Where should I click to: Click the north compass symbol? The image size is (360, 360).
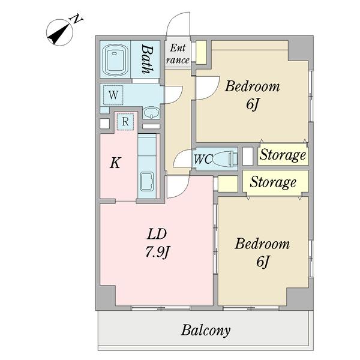pos(59,32)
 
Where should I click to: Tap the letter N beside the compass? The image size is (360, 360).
pos(77,20)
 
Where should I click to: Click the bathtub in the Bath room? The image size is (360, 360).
pos(115,59)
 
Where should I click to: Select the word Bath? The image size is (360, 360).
pos(147,59)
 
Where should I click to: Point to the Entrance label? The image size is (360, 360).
pos(178,54)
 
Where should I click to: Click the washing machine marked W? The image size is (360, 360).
pos(113,95)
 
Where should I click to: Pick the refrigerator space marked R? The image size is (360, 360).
pos(125,122)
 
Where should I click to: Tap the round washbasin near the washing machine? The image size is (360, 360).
pos(151,113)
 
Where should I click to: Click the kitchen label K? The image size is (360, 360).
pos(115,163)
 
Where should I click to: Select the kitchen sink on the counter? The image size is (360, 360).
pos(147,182)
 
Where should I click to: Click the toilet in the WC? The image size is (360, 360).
pos(225,159)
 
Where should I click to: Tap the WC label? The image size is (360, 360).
pos(203,159)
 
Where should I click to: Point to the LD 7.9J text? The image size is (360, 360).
pos(157,244)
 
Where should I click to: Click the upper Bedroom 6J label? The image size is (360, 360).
pos(253,95)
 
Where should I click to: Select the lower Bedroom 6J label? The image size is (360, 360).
pos(262,252)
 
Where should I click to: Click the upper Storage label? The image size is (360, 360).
pos(283,155)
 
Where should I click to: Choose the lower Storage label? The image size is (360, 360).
pos(273,182)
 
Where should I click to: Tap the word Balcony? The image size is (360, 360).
pos(206,331)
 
